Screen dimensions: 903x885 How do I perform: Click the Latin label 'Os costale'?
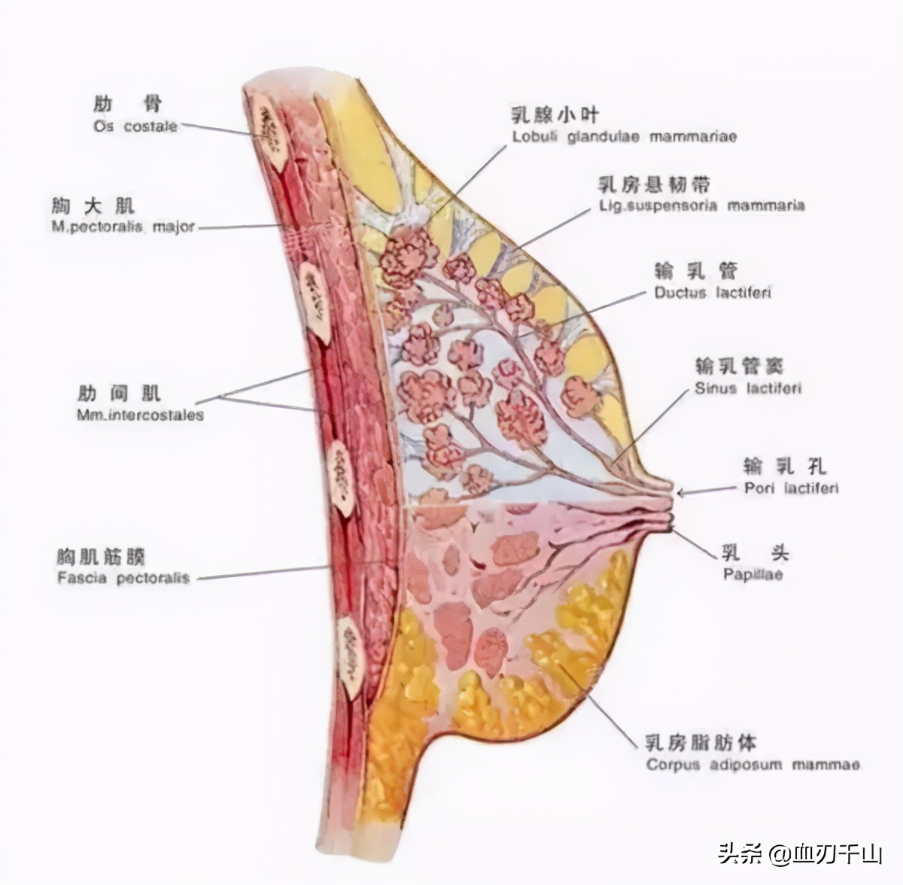point(135,126)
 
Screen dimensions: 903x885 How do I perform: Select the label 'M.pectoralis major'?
point(123,226)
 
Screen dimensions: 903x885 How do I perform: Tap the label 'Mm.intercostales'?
point(140,415)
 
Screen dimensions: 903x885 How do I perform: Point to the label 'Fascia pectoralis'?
point(123,579)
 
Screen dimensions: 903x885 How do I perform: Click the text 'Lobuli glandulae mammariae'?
point(625,137)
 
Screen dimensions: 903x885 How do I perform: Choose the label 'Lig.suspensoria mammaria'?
point(701,205)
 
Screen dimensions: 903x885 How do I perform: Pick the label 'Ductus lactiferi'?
point(712,293)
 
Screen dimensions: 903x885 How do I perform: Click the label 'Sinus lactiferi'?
point(747,389)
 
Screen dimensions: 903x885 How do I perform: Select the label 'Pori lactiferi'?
point(791,488)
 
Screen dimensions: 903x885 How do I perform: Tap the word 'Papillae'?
point(752,575)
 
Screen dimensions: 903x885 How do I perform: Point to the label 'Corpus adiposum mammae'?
point(752,765)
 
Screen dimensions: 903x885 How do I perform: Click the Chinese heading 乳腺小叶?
point(555,114)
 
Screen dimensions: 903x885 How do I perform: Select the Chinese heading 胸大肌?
point(94,205)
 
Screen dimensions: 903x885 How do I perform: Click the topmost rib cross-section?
point(267,122)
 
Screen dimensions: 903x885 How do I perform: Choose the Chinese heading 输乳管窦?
point(739,366)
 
